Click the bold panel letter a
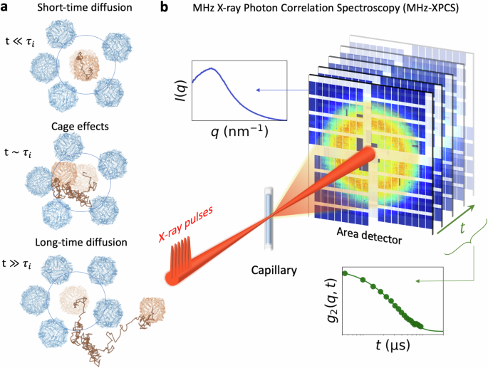(x=6, y=8)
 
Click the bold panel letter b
(x=165, y=8)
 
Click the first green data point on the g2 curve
(x=346, y=273)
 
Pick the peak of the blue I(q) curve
(x=210, y=69)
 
